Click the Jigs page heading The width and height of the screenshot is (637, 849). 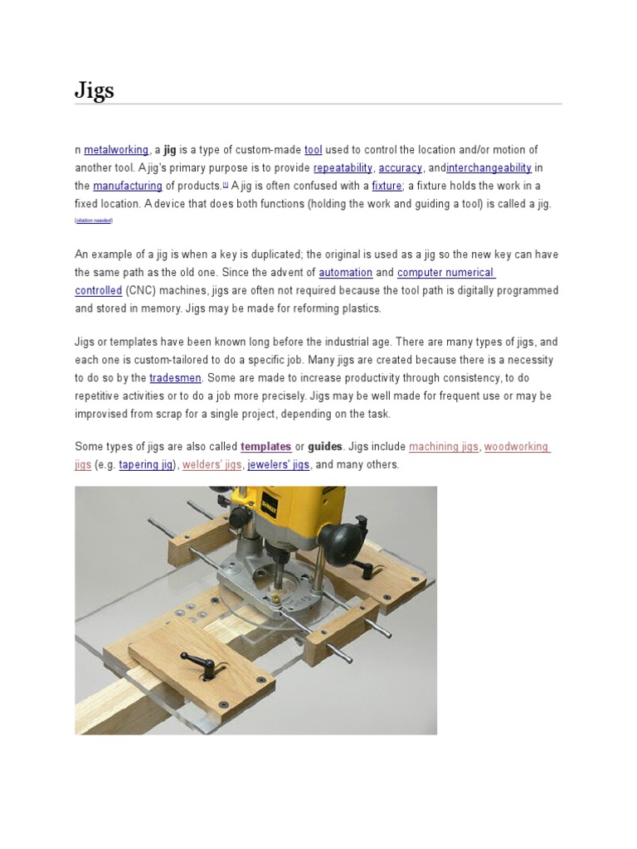pyautogui.click(x=95, y=90)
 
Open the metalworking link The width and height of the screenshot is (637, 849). pyautogui.click(x=116, y=150)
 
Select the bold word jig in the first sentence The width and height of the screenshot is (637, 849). pyautogui.click(x=170, y=150)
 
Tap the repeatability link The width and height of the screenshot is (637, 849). pyautogui.click(x=343, y=168)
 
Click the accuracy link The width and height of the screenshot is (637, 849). pyautogui.click(x=401, y=168)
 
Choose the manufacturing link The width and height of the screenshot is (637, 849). pyautogui.click(x=127, y=187)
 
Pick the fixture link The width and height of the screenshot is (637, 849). pyautogui.click(x=387, y=187)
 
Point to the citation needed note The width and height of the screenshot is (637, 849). pyautogui.click(x=93, y=221)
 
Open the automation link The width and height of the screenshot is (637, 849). pyautogui.click(x=345, y=273)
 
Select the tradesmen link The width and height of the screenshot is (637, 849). pyautogui.click(x=175, y=378)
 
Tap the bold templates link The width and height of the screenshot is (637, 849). pyautogui.click(x=265, y=447)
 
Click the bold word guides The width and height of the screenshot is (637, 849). pyautogui.click(x=325, y=447)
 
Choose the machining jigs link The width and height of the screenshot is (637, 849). pyautogui.click(x=444, y=447)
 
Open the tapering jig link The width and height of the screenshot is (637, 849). pyautogui.click(x=146, y=465)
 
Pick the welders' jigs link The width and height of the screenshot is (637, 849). pyautogui.click(x=212, y=465)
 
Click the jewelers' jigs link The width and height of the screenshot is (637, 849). pyautogui.click(x=278, y=465)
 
